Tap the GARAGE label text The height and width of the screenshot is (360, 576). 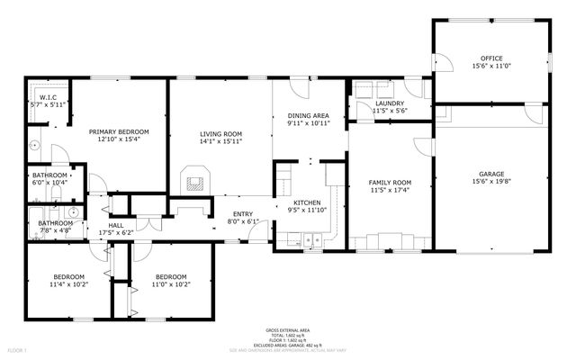coord(491,173)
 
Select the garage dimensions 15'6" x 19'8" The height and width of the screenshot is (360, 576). coord(491,181)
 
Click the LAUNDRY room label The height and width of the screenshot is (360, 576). coord(389,103)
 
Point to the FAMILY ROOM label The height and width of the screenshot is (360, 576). coord(391,183)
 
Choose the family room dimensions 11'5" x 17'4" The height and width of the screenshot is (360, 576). coord(391,191)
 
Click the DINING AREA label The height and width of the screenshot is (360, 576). coord(308,115)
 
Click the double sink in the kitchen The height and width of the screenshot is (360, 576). coord(311,240)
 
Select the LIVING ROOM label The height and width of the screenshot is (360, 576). coord(221,133)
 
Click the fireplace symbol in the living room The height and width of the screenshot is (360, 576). coord(193,180)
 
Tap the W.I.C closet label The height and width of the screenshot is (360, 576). coord(49,97)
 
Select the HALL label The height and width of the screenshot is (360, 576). coord(117,226)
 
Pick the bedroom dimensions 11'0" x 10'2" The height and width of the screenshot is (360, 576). coord(171,284)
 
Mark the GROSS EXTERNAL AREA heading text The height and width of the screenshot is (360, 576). coord(287,331)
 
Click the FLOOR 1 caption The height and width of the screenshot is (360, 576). coord(17,349)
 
